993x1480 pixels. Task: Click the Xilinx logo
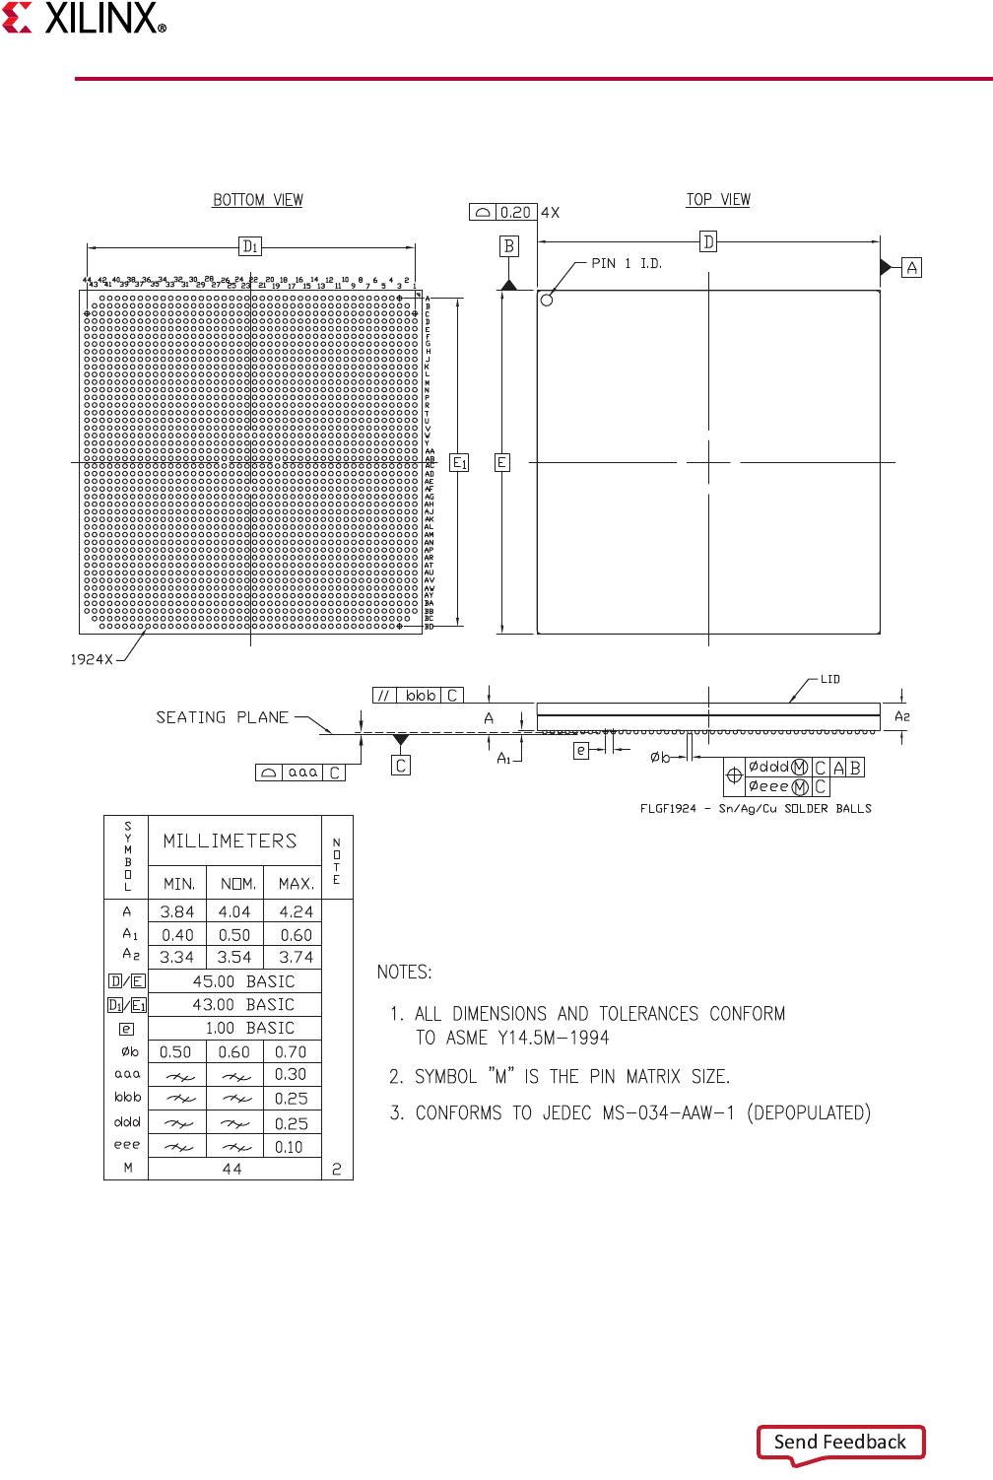tap(85, 19)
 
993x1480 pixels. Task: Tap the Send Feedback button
tap(840, 1442)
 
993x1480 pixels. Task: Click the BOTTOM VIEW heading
tap(258, 200)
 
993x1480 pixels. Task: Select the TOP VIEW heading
tap(718, 200)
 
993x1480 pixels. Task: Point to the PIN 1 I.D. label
tap(627, 264)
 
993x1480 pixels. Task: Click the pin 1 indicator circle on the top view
tap(547, 300)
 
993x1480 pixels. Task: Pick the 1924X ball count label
tap(92, 659)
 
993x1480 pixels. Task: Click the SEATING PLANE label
tap(223, 717)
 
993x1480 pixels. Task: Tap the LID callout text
tap(830, 679)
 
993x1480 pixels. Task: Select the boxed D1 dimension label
tap(250, 246)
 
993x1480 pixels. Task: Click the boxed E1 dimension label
tap(459, 462)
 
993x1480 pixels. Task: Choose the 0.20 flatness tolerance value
tap(515, 212)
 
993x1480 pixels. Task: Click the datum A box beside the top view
tap(912, 267)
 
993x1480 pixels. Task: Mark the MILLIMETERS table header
tap(230, 841)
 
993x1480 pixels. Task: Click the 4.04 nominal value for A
tap(234, 911)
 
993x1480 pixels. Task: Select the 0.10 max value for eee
tap(289, 1147)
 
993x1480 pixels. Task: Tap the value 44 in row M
tap(232, 1169)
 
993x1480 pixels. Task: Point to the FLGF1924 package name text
tap(668, 808)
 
